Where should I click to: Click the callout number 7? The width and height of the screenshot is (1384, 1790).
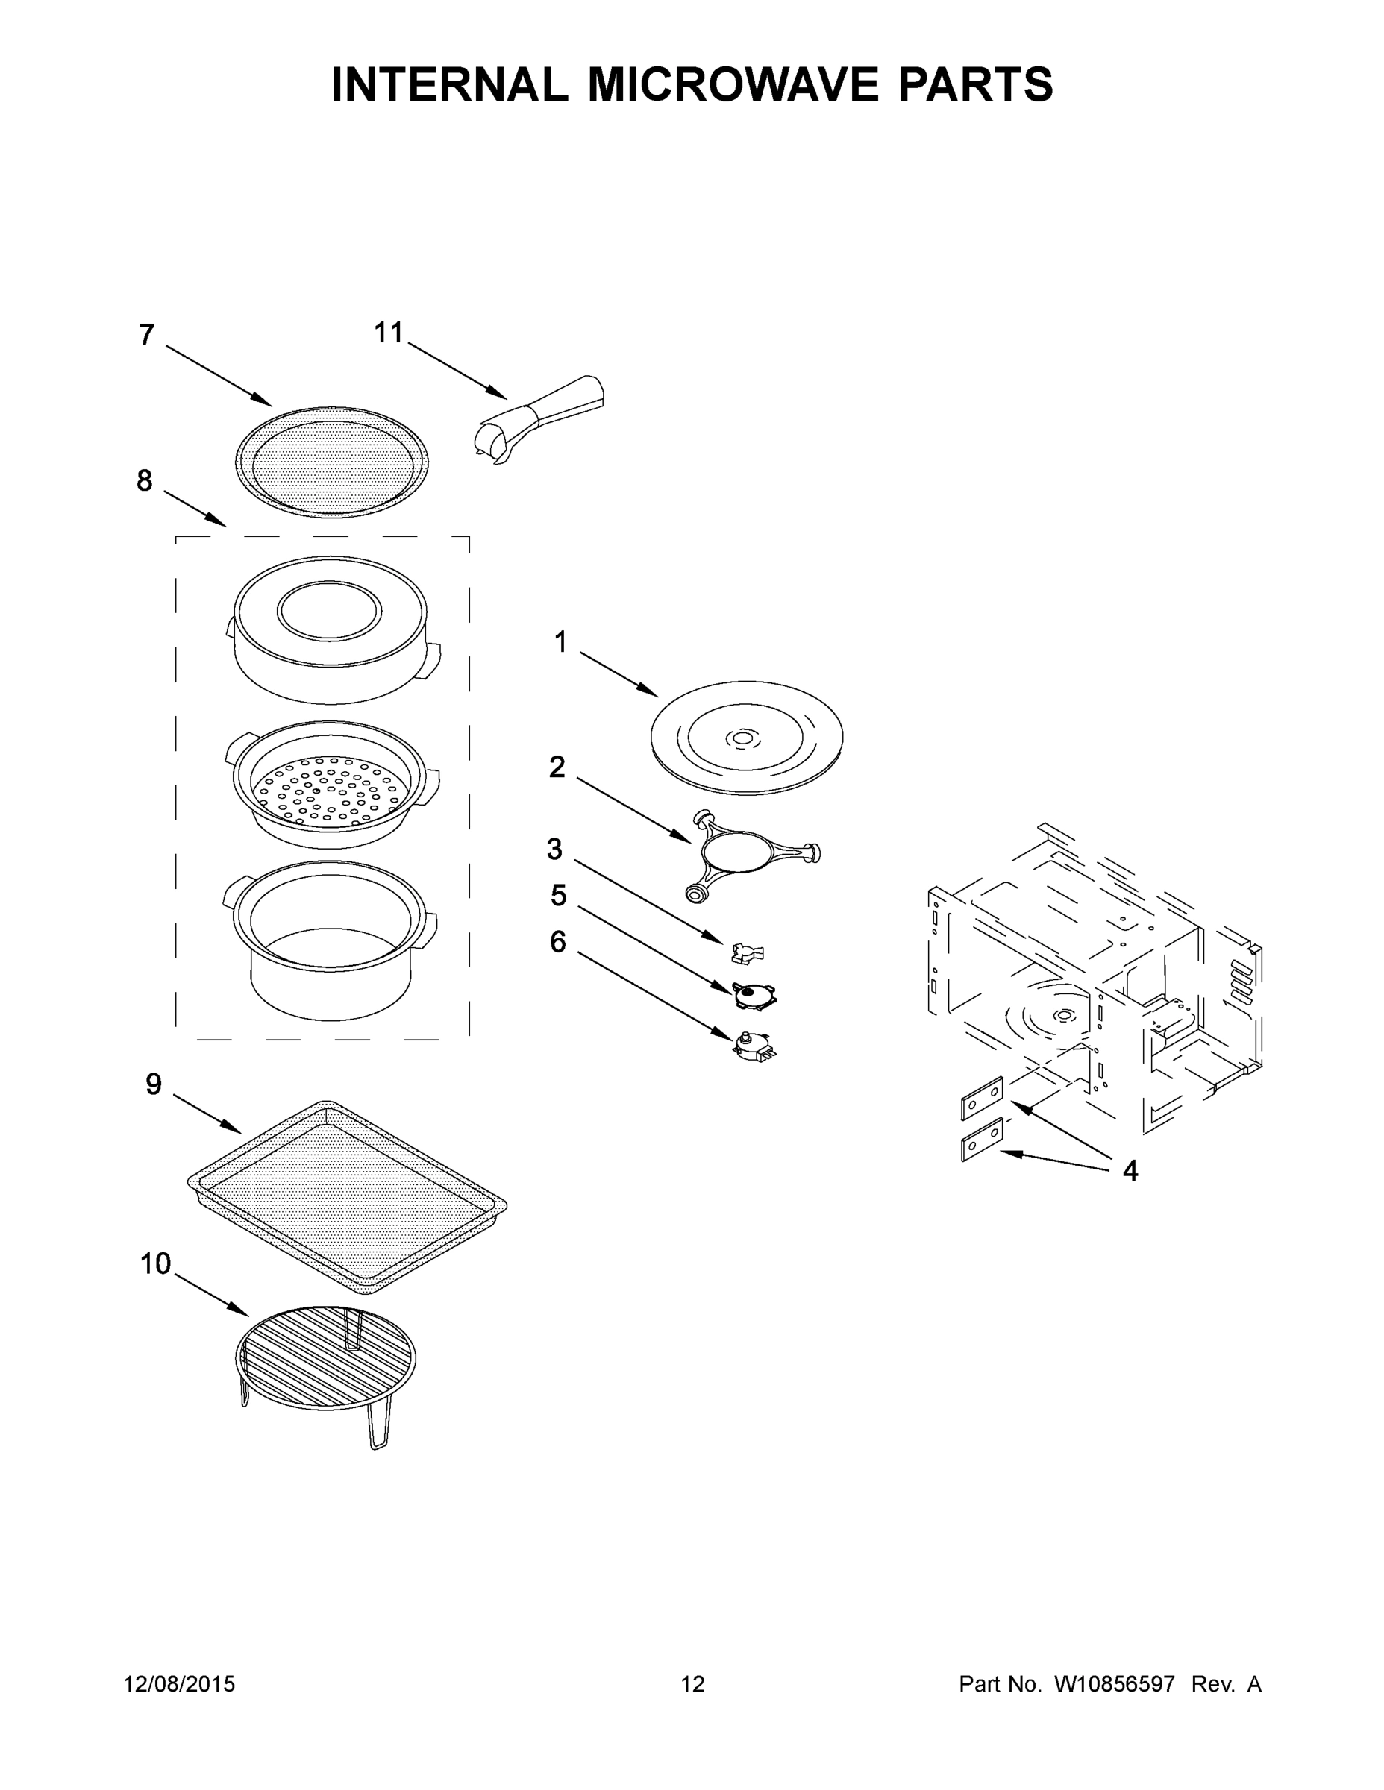click(147, 335)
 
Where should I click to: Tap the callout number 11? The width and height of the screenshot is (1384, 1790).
click(389, 333)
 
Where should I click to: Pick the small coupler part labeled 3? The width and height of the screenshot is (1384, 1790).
click(747, 952)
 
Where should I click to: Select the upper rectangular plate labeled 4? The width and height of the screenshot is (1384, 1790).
click(981, 1097)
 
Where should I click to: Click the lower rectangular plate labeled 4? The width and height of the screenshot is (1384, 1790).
click(981, 1139)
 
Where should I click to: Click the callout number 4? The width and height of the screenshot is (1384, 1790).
click(1130, 1172)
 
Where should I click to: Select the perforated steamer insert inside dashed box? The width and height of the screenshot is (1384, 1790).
click(331, 787)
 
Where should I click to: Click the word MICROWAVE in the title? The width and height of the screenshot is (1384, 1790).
click(734, 84)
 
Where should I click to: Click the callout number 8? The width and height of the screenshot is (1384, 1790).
click(144, 481)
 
